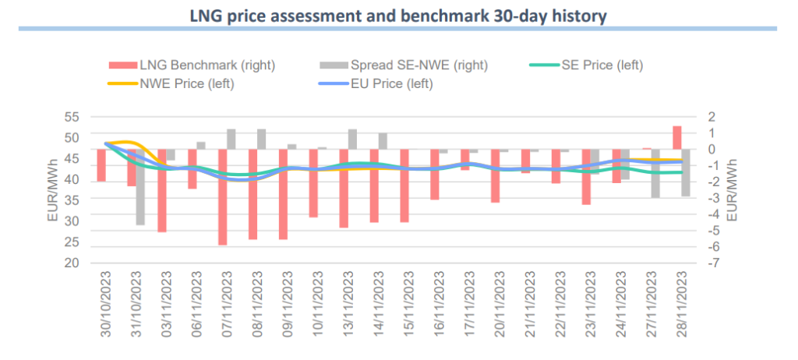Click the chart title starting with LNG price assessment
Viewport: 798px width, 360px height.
398,14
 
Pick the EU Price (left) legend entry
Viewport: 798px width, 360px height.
396,83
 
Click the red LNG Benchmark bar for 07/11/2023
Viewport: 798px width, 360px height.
222,197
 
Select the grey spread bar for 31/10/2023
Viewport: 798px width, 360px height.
140,187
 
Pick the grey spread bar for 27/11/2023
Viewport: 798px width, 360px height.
655,173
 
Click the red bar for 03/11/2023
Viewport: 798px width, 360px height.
162,191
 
